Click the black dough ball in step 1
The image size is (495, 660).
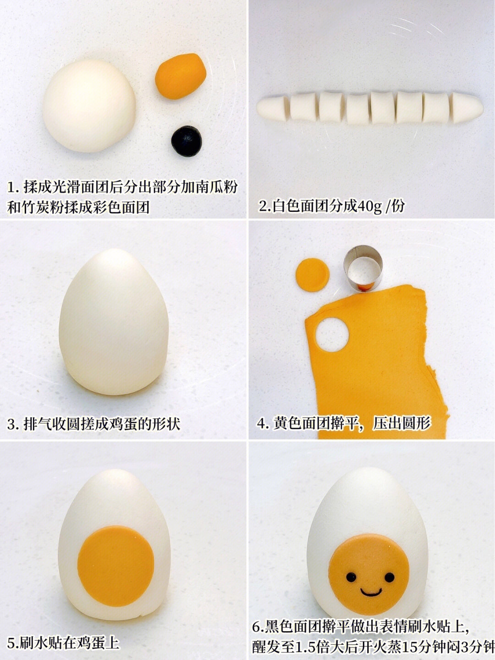coord(187,141)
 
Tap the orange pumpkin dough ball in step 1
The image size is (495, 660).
coord(181,76)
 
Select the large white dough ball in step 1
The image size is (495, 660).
coord(89,105)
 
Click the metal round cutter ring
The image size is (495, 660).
coord(363,268)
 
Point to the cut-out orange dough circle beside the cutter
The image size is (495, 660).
coord(312,275)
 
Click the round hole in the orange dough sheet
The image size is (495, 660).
coord(332,335)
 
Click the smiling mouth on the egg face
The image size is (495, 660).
coord(371,592)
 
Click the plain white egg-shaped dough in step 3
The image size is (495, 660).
coord(114,322)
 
